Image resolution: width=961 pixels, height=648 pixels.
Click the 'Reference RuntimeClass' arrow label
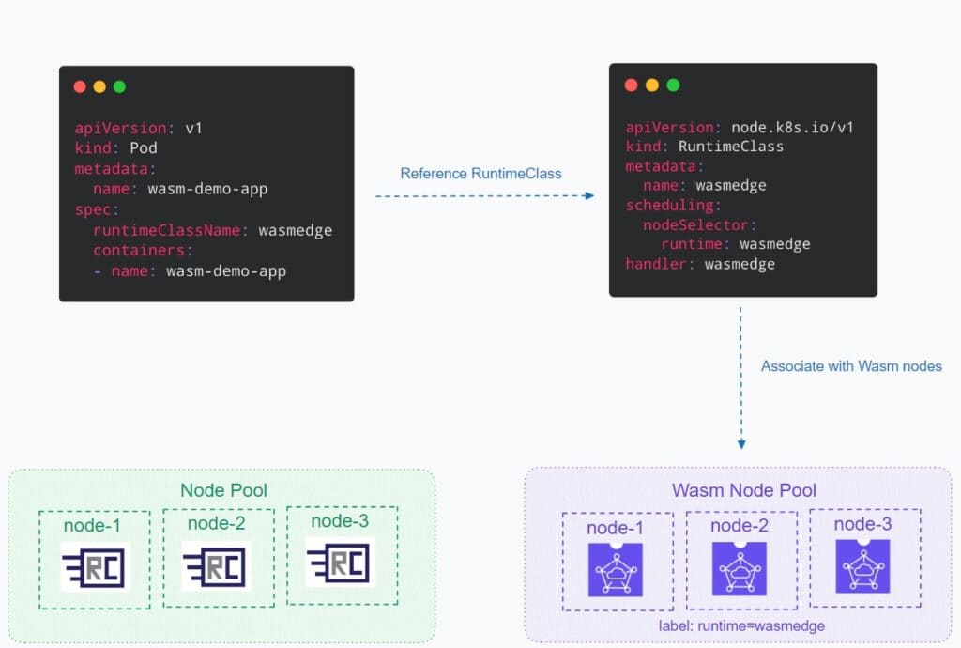pos(480,174)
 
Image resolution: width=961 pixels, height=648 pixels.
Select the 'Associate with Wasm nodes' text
pos(851,366)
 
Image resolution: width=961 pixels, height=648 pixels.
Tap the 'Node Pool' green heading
pos(223,490)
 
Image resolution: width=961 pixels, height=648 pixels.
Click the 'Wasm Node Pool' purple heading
pos(743,490)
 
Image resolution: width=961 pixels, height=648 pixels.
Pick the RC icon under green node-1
pos(94,566)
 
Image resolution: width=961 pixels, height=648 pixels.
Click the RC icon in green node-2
pos(217,566)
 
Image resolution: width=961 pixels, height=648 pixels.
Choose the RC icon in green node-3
pos(340,563)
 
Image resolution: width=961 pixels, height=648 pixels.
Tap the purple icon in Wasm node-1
pos(616,569)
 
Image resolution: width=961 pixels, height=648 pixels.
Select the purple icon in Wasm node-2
pos(740,569)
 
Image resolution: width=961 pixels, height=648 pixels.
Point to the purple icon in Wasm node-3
pos(862,565)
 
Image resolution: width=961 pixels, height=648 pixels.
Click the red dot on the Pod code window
pos(80,86)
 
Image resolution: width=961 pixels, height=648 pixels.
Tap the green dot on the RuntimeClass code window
pos(673,85)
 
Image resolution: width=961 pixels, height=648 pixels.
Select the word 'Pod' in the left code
pos(144,148)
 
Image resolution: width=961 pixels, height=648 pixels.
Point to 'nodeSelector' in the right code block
pos(697,225)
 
